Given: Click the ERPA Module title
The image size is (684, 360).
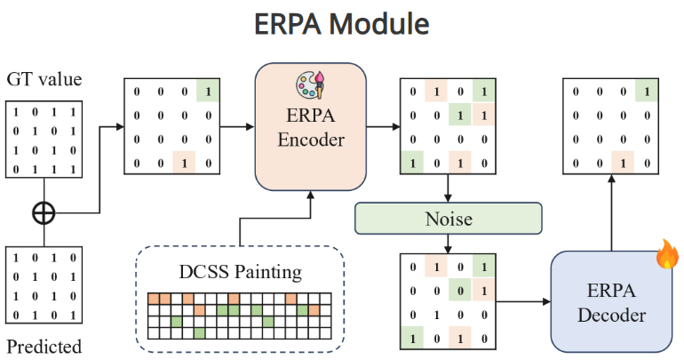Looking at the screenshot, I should (341, 24).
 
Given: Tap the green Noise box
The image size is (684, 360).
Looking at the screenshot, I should (448, 218).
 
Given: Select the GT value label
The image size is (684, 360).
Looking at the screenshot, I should (44, 80).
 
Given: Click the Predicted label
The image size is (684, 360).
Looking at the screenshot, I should (44, 347).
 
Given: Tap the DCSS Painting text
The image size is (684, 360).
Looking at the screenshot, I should (240, 268).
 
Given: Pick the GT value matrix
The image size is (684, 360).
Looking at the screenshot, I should (44, 139).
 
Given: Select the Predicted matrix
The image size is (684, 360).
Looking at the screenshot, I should (44, 286).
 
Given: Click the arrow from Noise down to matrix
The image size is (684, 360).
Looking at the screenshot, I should (448, 242).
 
